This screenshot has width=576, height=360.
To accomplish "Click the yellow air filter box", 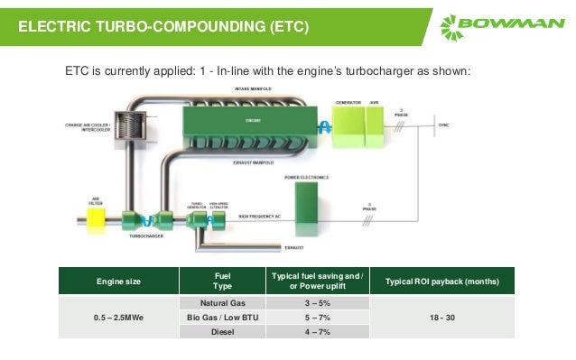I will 94,218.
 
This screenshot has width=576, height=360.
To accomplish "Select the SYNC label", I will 442,124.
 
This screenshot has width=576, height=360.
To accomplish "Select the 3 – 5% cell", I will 311,303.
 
